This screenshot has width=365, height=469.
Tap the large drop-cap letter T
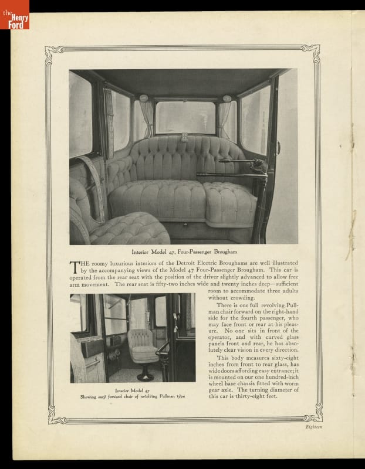pyautogui.click(x=75, y=267)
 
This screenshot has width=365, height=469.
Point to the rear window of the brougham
pyautogui.click(x=185, y=117)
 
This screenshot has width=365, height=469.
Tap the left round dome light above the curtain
pyautogui.click(x=144, y=98)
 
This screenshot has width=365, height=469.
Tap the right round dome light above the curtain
pyautogui.click(x=227, y=98)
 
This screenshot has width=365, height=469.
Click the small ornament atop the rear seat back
pyautogui.click(x=184, y=138)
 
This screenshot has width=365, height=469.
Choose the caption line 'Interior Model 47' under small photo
pyautogui.click(x=132, y=390)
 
